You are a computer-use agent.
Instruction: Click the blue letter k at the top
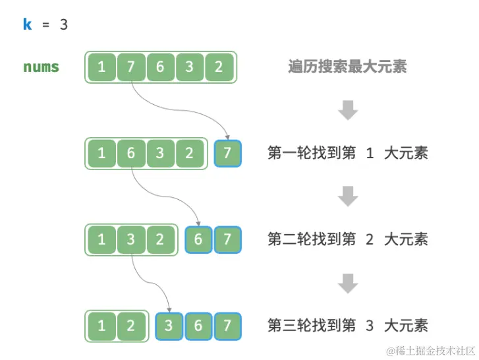click(28, 25)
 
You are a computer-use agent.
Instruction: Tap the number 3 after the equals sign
click(64, 25)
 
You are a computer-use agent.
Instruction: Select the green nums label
click(41, 67)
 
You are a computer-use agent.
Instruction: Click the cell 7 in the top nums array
click(130, 67)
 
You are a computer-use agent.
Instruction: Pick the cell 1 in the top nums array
click(101, 67)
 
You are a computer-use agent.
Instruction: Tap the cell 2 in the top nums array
click(219, 67)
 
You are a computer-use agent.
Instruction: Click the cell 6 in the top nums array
click(160, 67)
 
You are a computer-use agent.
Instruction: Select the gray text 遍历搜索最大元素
click(347, 67)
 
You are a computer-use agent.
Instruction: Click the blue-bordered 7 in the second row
click(227, 153)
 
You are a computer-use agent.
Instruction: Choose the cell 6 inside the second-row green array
click(130, 153)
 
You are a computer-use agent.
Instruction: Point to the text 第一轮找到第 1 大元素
click(347, 153)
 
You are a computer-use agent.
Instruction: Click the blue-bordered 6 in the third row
click(198, 239)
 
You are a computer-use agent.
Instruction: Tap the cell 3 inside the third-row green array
click(130, 239)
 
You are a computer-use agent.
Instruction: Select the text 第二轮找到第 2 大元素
click(347, 239)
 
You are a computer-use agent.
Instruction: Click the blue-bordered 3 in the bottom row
click(169, 326)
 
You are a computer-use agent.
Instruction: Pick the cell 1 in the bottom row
click(101, 326)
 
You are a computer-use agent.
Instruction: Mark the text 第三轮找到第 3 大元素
click(347, 325)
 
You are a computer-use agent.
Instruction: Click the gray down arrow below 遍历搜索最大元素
click(347, 110)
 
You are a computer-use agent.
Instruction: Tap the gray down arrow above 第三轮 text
click(347, 283)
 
